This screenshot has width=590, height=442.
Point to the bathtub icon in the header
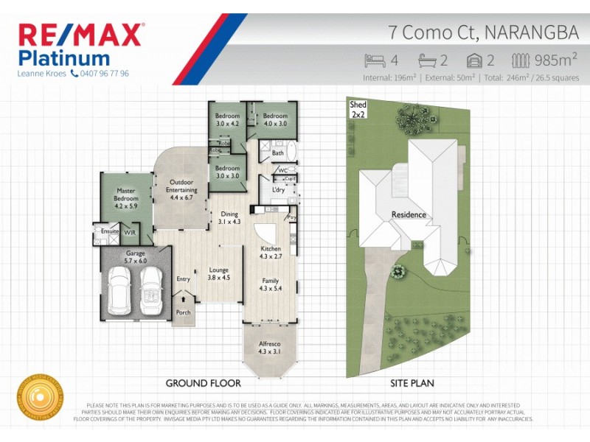click(x=427, y=60)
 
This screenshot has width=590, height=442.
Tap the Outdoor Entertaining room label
click(x=181, y=190)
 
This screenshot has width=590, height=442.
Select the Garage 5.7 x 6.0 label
click(x=135, y=257)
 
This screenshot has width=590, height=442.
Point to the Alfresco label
click(x=268, y=347)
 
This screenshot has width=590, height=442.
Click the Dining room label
click(x=229, y=217)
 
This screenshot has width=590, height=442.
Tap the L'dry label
click(x=279, y=190)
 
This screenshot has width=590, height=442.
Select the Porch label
click(x=183, y=312)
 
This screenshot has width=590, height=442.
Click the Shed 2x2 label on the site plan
click(x=358, y=110)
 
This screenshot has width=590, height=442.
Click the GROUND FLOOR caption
click(x=199, y=384)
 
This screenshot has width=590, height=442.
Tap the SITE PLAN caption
click(x=411, y=384)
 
